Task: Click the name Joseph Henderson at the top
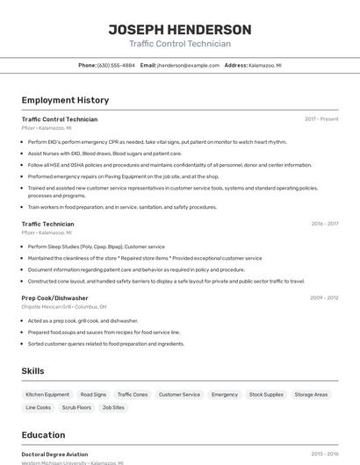coord(180,30)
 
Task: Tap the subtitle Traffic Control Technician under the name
coord(180,44)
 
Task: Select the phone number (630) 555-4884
coord(116,65)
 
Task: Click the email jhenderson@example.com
coord(188,65)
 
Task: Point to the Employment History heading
coord(65,100)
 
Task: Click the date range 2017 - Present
coord(321,118)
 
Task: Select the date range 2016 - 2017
coord(324,224)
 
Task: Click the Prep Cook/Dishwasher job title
coord(54,298)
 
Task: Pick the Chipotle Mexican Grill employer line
coord(64,307)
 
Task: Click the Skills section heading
coord(33,371)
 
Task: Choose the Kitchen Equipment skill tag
coord(47,395)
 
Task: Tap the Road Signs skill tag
coord(93,395)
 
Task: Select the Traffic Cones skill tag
coord(133,395)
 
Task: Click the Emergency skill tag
coord(225,395)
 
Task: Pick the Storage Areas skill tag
coord(311,395)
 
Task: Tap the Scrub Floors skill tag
coord(76,407)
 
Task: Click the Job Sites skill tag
coord(113,407)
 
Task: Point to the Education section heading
coord(44,435)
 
